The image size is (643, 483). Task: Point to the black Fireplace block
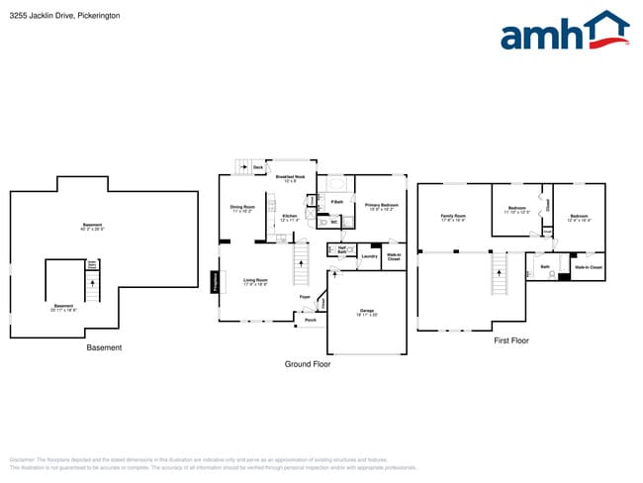215,282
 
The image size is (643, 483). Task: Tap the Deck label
258,168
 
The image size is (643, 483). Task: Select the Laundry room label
369,256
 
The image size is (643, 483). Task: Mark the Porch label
310,320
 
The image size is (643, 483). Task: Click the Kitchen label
289,218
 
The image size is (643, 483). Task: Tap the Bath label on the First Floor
544,267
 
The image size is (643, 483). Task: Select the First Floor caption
511,340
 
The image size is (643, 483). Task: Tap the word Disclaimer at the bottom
22,459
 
